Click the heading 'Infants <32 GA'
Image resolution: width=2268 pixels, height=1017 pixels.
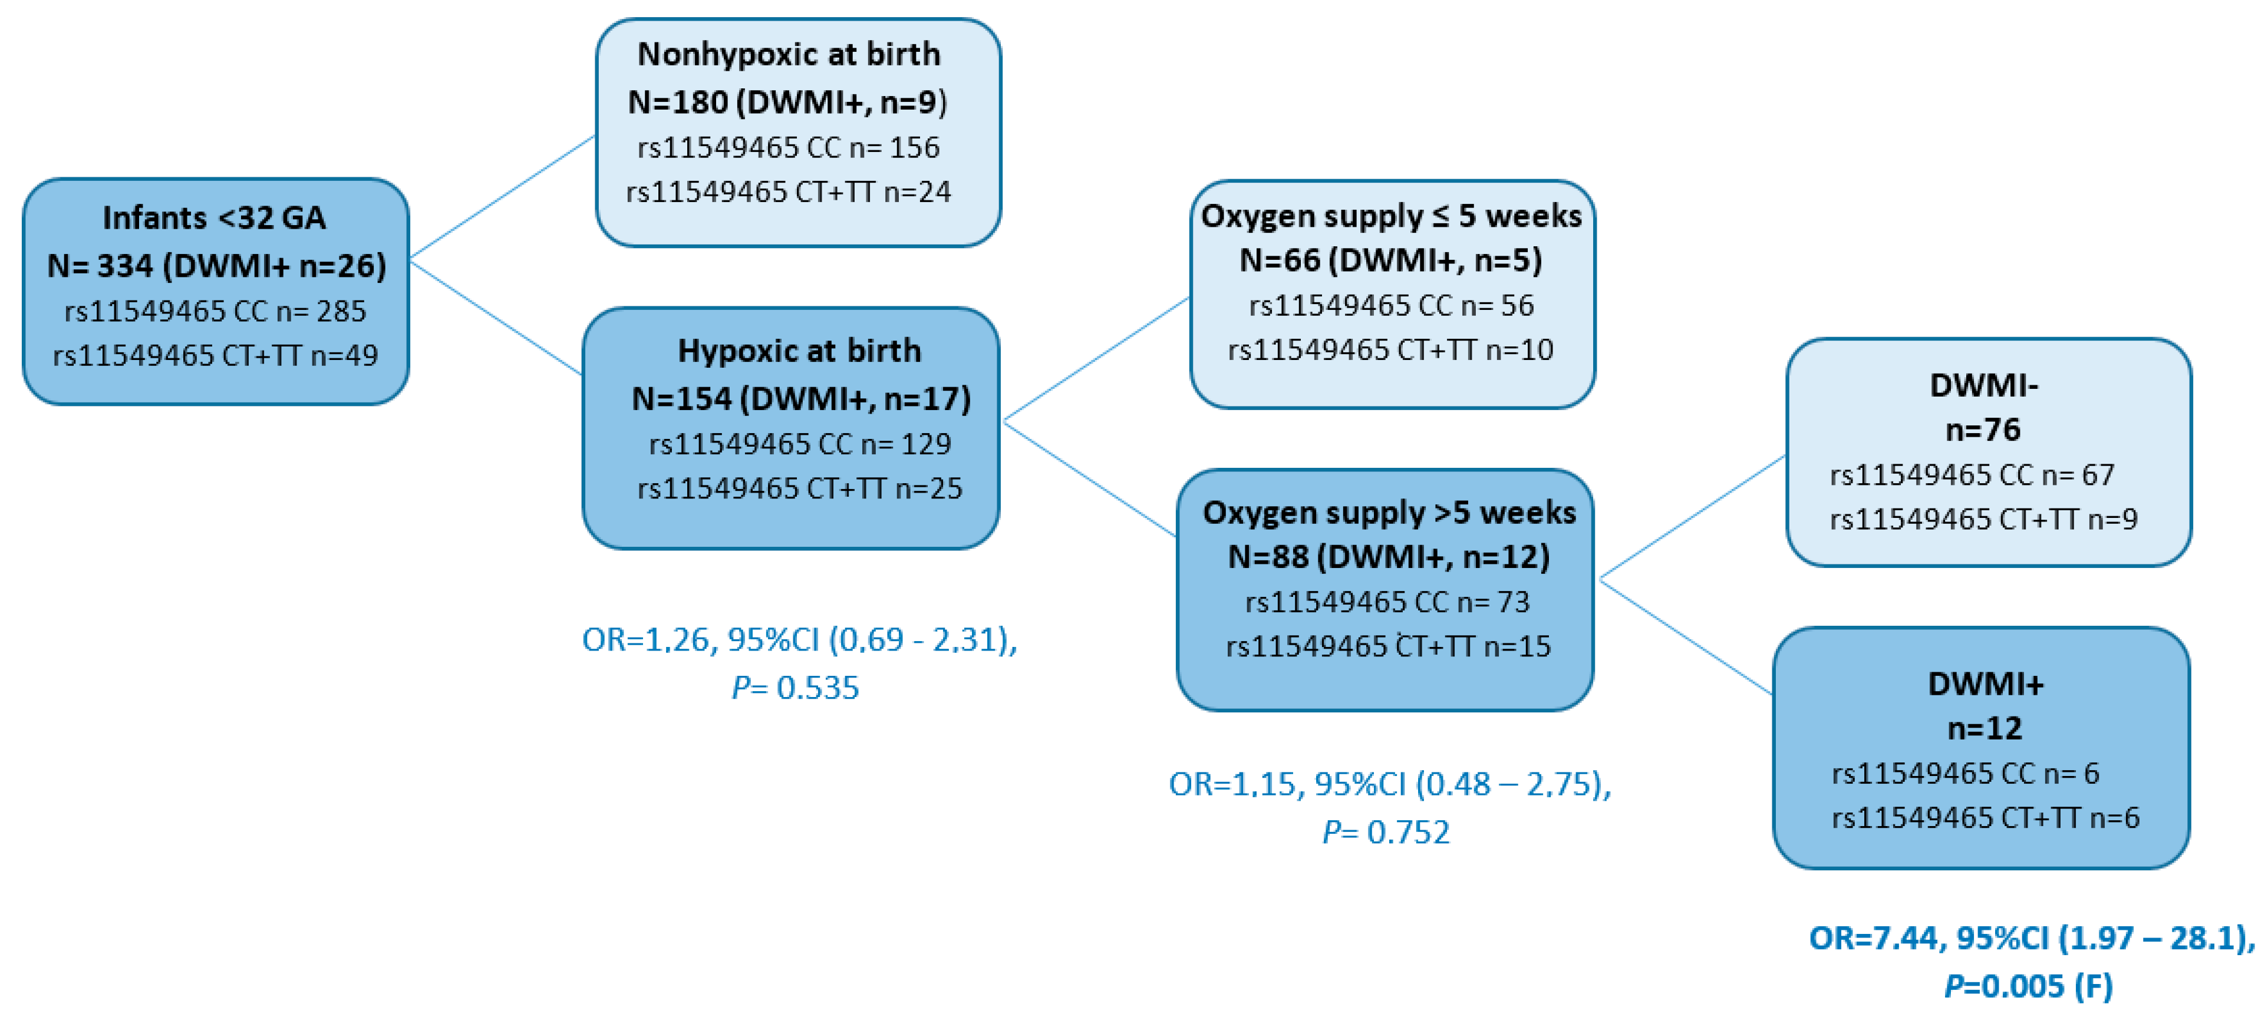[x=214, y=217]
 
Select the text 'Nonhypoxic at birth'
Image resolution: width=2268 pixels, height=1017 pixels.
[x=789, y=55]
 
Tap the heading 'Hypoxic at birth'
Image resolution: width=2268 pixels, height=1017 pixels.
[x=799, y=351]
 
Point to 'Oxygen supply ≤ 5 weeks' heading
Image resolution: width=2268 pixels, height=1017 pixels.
[x=1391, y=216]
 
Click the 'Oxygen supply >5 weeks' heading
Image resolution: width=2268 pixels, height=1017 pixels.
[x=1389, y=513]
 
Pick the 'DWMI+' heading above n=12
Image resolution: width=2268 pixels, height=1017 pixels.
[x=1985, y=684]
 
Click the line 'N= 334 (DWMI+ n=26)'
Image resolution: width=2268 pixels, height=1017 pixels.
[x=216, y=265]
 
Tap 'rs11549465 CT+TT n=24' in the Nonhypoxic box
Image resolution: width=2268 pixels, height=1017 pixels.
[x=789, y=192]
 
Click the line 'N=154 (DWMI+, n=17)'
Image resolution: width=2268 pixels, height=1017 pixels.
[x=801, y=399]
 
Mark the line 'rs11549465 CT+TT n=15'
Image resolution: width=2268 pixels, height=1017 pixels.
[x=1389, y=646]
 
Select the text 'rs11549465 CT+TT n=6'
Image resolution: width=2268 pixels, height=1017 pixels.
[x=1985, y=818]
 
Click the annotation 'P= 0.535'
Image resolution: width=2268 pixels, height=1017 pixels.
[x=795, y=688]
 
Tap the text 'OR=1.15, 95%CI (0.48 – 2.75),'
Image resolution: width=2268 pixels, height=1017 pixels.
[x=1389, y=784]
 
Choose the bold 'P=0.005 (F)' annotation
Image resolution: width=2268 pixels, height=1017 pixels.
[x=2029, y=986]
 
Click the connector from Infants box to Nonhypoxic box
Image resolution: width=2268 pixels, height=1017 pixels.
[x=502, y=197]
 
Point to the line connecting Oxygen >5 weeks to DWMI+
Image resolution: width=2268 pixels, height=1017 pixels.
[x=1685, y=636]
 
